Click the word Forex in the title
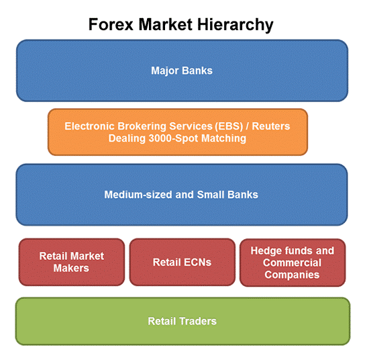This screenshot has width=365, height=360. [111, 24]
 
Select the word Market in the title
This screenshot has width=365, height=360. [166, 24]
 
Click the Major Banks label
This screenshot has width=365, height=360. [182, 71]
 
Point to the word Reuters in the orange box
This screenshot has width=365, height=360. [271, 126]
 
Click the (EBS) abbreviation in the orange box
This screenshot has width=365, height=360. [229, 126]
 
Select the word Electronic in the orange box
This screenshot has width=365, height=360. [89, 126]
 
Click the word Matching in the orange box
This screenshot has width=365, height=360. [223, 138]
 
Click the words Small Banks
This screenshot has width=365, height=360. [227, 195]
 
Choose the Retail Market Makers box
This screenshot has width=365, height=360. [72, 262]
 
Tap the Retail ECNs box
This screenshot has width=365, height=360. [182, 262]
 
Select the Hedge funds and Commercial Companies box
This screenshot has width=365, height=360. [293, 263]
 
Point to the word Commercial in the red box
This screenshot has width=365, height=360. [292, 263]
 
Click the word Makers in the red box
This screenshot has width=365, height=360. [71, 268]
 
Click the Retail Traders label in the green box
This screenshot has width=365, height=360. [182, 321]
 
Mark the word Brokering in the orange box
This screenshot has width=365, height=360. [142, 126]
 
